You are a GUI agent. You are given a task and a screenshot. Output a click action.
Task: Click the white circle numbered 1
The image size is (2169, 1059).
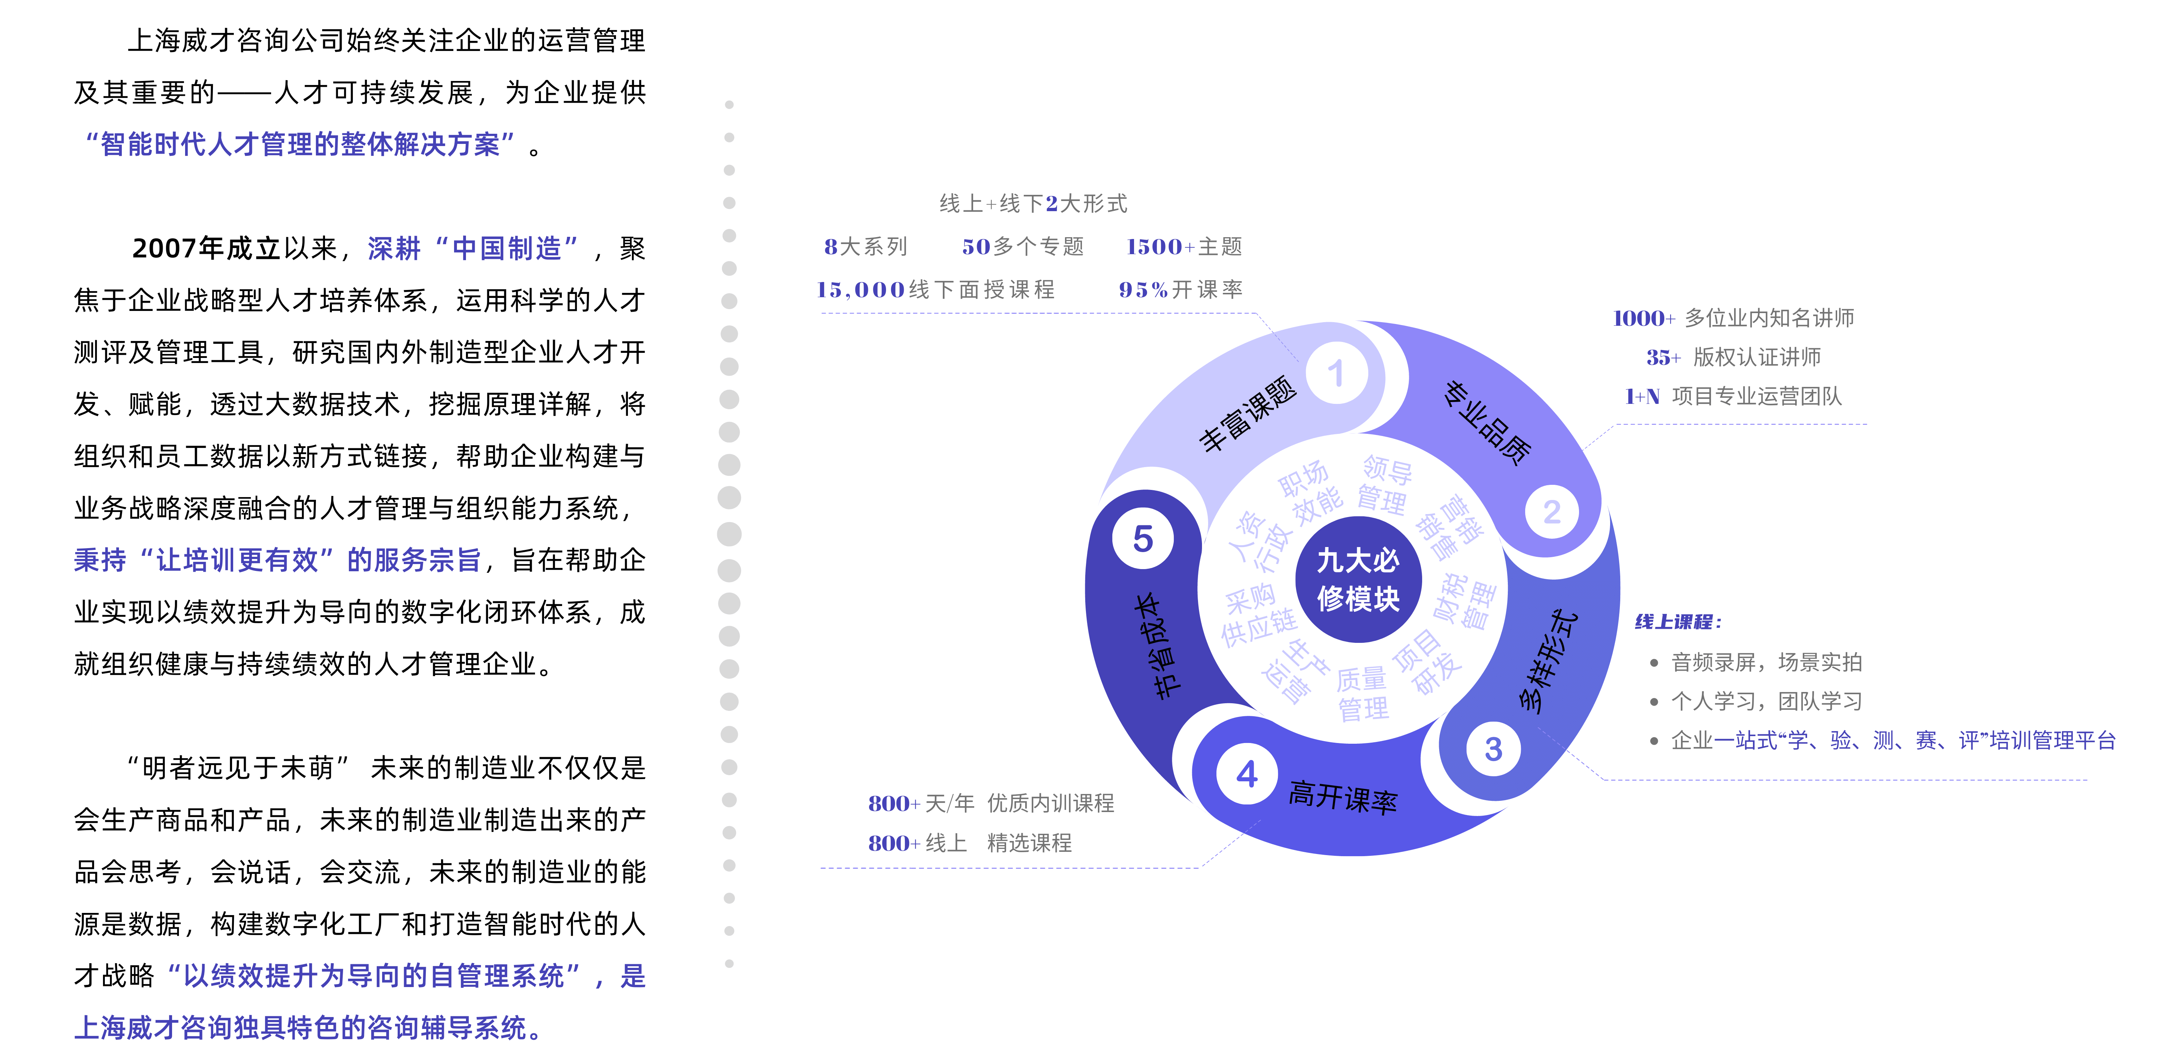point(1336,373)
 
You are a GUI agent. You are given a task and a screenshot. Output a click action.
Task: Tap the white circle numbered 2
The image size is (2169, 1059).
point(1552,512)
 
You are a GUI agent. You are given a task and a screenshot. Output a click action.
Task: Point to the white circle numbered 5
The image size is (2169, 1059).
point(1143,539)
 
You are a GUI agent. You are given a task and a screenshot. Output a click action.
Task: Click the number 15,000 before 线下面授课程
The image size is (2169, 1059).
point(860,290)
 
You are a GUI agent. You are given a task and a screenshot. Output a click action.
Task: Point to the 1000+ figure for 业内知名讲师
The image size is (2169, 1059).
point(1644,318)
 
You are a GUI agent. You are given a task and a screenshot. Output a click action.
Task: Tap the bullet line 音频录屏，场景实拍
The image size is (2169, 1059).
point(1766,662)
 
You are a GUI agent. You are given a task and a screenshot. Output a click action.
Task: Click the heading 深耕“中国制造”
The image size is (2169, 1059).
point(472,248)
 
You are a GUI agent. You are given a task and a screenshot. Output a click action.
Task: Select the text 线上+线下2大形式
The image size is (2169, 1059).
point(1033,204)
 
